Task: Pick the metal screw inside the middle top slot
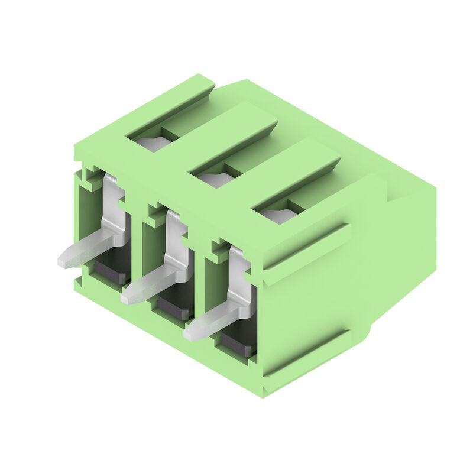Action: (x=215, y=179)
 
